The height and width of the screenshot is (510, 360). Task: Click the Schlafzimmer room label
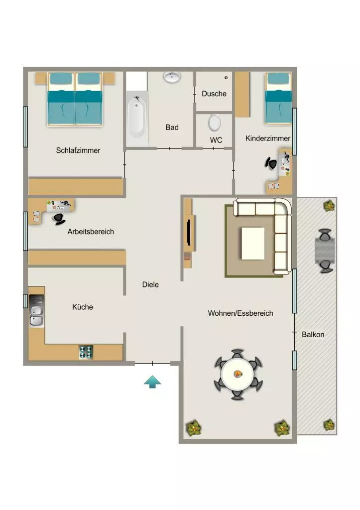click(x=78, y=150)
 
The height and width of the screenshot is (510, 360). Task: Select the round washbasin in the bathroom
click(x=172, y=77)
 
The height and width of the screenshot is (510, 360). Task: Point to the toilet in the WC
click(x=214, y=123)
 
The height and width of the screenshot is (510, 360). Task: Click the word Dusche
click(x=214, y=94)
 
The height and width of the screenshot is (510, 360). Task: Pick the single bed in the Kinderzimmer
click(x=278, y=98)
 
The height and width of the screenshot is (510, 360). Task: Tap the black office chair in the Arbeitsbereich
click(x=59, y=219)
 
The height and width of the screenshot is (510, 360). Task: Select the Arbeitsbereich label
click(x=91, y=232)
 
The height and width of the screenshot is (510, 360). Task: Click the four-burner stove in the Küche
click(x=86, y=352)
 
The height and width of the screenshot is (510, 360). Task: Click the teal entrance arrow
click(x=152, y=382)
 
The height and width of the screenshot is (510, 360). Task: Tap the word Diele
click(x=150, y=284)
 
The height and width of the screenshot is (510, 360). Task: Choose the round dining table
click(x=238, y=374)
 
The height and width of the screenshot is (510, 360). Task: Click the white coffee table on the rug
click(x=252, y=243)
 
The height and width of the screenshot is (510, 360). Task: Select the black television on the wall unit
click(x=189, y=232)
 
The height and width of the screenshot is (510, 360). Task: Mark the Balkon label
click(x=313, y=335)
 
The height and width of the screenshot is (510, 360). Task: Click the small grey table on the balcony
click(x=325, y=251)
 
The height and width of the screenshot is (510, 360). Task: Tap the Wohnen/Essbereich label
click(x=240, y=313)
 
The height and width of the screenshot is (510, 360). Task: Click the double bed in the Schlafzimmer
click(x=75, y=99)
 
